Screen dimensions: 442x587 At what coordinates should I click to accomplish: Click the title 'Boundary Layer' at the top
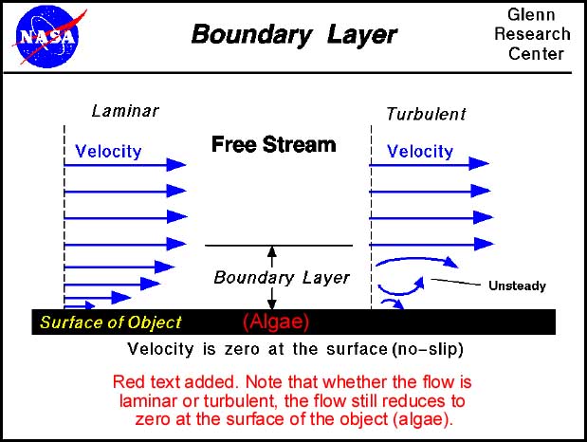[x=294, y=35]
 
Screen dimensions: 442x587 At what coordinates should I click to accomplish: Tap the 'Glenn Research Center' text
[x=538, y=34]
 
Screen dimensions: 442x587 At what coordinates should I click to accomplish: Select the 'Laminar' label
[x=125, y=111]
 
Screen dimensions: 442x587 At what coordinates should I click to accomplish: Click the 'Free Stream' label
[x=273, y=144]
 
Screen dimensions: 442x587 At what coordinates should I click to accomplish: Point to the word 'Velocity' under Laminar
[x=108, y=151]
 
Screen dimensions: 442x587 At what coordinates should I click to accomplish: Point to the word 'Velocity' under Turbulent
[x=420, y=151]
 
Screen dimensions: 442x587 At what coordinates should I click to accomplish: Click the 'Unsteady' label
[x=517, y=285]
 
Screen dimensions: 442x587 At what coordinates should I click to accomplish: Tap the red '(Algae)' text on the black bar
[x=276, y=321]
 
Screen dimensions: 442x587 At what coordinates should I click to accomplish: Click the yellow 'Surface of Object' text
[x=110, y=322]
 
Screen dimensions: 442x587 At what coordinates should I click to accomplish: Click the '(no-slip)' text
[x=427, y=348]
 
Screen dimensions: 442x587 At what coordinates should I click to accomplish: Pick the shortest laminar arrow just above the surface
[x=81, y=304]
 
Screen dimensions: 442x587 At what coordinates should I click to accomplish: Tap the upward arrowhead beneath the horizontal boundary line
[x=272, y=252]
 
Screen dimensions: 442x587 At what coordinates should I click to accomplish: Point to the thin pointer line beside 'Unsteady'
[x=458, y=281]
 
